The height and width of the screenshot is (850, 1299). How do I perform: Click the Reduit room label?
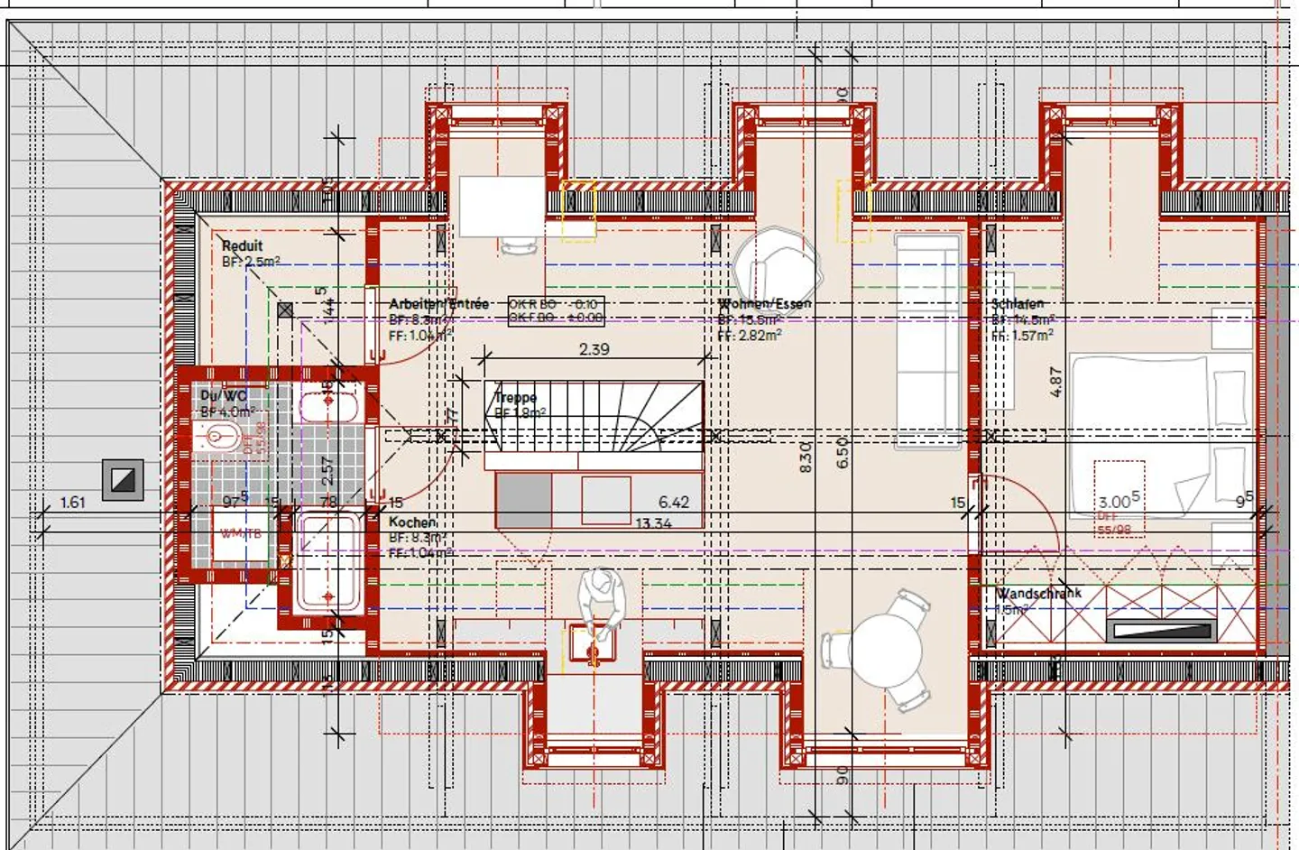243,245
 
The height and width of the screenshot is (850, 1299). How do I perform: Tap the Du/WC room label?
223,396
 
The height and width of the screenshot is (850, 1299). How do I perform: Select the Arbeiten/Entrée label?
438,304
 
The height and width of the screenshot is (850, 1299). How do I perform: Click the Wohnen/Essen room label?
764,304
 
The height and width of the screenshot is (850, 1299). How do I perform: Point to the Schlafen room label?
1018,304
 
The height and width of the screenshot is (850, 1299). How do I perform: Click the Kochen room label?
412,522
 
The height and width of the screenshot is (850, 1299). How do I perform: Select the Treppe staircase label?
515,397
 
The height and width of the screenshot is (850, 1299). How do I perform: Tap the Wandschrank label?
1038,593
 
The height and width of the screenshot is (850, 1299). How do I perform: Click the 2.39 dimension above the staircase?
594,349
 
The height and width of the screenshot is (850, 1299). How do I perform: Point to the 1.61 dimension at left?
73,503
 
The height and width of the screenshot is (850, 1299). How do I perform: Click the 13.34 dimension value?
653,523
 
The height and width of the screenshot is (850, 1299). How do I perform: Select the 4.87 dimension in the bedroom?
1056,381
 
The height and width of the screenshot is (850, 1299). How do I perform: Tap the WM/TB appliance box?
241,533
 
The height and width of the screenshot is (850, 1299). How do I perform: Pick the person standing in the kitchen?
600,600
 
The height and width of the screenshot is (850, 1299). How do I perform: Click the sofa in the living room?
928,338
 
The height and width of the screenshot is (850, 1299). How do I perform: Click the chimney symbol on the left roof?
123,479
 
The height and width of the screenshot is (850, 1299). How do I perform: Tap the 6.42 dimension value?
673,503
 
